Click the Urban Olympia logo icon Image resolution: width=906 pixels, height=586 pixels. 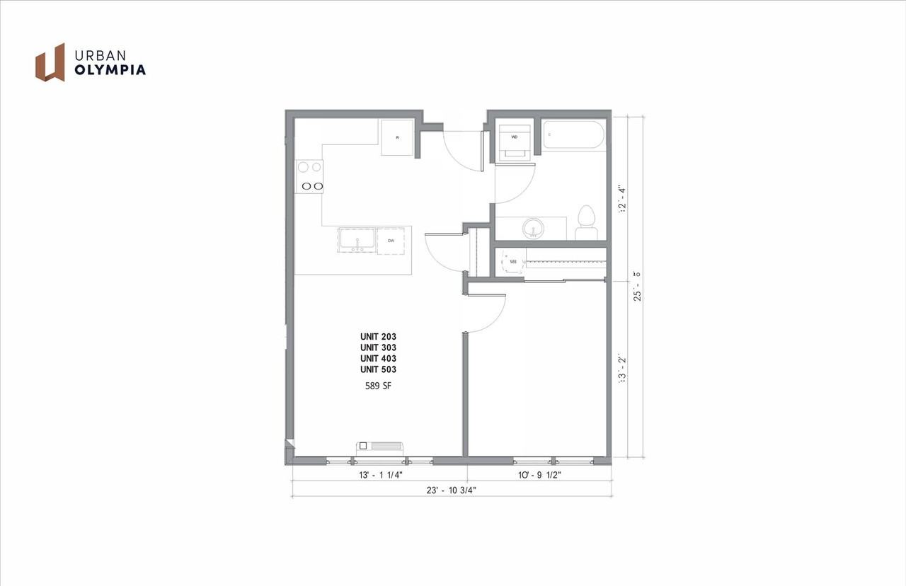(50, 62)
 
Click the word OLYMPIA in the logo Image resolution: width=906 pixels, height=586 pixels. (110, 70)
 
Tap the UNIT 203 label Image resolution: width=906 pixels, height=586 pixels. (378, 337)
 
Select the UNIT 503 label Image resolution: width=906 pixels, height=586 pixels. (378, 369)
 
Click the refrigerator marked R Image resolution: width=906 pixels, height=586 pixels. (398, 137)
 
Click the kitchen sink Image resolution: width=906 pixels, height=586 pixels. (357, 240)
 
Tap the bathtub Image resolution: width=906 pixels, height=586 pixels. (573, 135)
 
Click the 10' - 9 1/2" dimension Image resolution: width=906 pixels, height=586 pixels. (539, 476)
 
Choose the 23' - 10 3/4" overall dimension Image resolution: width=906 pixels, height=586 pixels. (451, 491)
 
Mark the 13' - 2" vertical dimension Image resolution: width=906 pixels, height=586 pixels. (623, 369)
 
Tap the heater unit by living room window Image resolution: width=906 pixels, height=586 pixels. (380, 446)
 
